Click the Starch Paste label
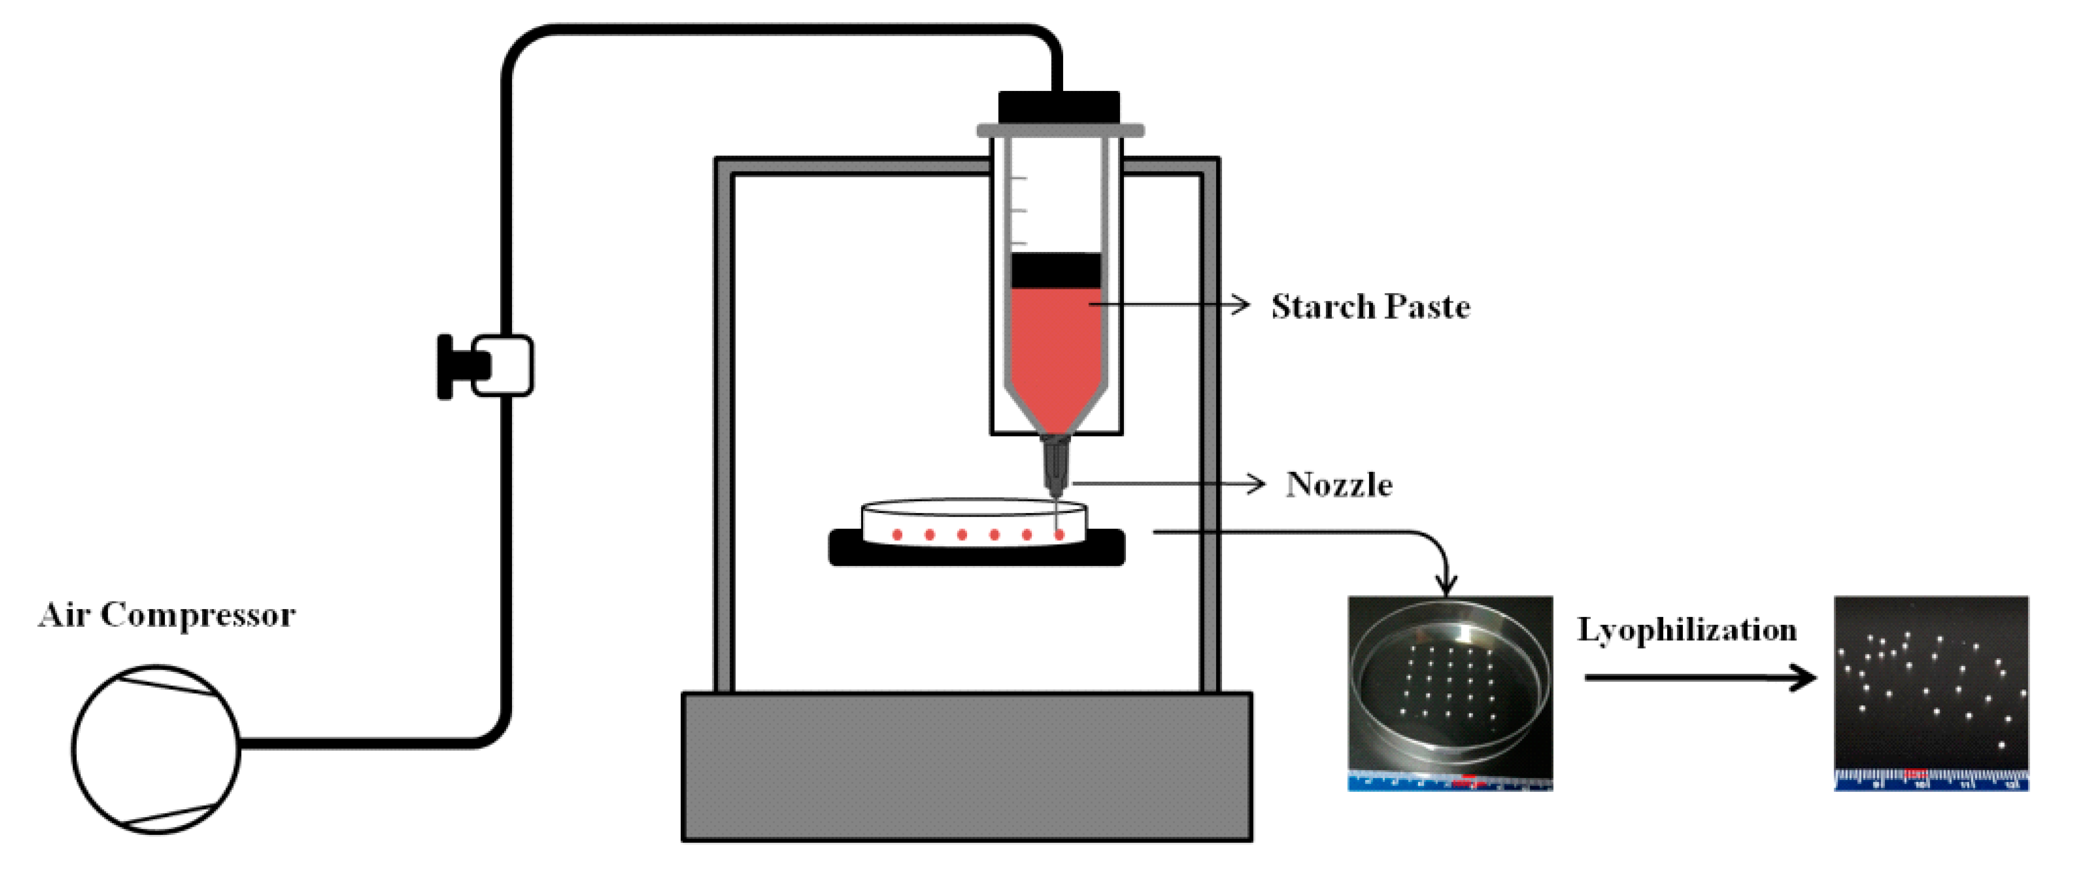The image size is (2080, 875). (1370, 307)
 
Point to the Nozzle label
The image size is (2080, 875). (1339, 485)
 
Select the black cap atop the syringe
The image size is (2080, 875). (1059, 108)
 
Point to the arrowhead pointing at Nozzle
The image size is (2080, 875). (1256, 484)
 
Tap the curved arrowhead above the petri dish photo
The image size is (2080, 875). (1447, 583)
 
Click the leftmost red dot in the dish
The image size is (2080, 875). (897, 535)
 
